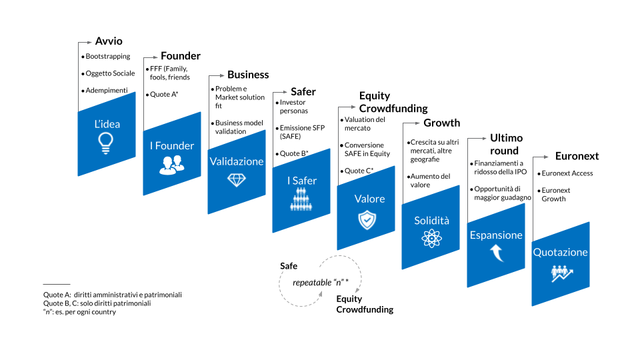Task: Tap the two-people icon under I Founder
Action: [171, 165]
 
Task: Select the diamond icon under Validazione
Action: [237, 179]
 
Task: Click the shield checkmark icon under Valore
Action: [367, 219]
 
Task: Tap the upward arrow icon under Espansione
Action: [495, 253]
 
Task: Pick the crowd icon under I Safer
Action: [302, 199]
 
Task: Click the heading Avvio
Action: [109, 41]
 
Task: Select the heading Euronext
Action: [577, 156]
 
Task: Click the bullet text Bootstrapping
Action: [107, 57]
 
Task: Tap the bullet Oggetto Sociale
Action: [110, 73]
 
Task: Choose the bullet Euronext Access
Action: [567, 173]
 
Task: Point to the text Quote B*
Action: [294, 153]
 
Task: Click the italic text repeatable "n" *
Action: [321, 282]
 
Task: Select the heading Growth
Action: [441, 123]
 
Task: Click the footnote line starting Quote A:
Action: [112, 295]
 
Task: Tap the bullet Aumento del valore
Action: [430, 181]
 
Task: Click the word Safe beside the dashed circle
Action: [289, 266]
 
